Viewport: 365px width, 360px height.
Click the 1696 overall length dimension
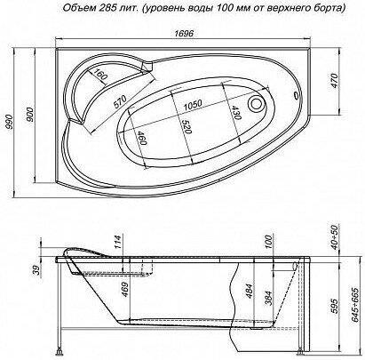184,34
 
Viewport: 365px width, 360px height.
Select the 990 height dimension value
10,122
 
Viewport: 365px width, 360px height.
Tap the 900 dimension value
30,115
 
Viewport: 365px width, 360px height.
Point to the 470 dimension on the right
334,81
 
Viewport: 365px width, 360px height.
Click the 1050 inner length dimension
193,105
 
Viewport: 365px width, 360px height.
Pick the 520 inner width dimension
187,127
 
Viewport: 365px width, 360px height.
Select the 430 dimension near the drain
236,113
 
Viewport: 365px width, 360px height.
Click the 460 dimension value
142,139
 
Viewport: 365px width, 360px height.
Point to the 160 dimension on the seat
99,74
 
